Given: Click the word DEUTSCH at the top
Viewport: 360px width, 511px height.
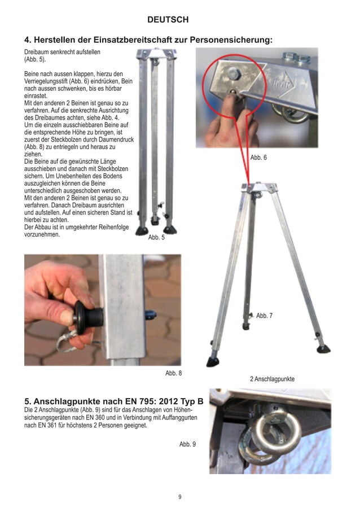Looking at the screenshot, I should (168, 20).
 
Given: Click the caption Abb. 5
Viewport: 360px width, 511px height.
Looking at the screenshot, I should (156, 238).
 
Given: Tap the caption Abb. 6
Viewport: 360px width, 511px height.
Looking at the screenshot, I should (258, 158).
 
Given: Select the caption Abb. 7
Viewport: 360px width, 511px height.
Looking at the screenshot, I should (264, 316).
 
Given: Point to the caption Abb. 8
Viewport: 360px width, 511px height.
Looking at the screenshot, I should (173, 373).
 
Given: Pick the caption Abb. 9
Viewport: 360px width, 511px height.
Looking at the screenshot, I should (187, 444).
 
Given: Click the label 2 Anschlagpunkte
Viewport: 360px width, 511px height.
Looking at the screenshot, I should (272, 378).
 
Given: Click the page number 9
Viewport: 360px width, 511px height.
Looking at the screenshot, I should (179, 497).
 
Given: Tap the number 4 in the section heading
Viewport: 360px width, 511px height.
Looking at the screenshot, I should (27, 40).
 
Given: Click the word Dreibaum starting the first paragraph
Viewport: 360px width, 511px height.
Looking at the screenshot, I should (38, 51).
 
